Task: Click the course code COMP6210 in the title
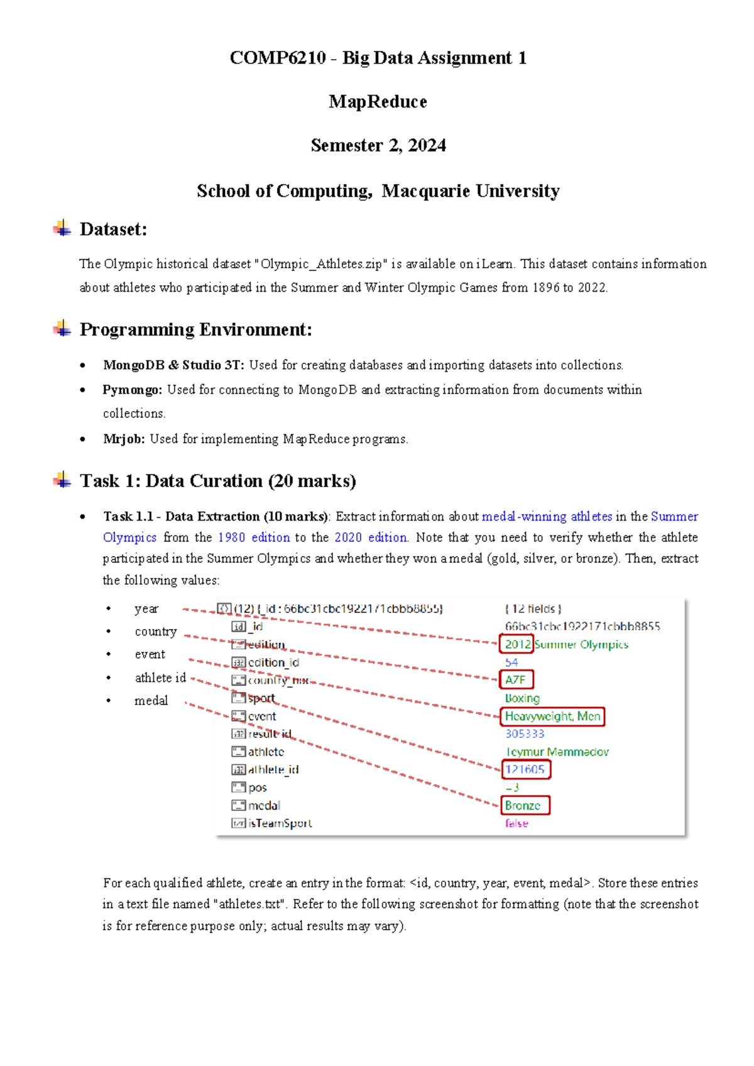click(x=277, y=58)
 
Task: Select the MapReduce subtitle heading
click(x=378, y=102)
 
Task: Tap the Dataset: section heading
click(x=113, y=229)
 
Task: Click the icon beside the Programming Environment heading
click(x=62, y=328)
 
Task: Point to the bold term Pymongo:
click(x=133, y=390)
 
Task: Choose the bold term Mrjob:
click(x=124, y=439)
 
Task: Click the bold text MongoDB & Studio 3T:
click(x=173, y=365)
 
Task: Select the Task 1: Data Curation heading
click(x=217, y=481)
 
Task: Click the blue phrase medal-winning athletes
click(x=547, y=517)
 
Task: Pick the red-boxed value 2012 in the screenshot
click(x=517, y=644)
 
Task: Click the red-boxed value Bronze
click(x=523, y=805)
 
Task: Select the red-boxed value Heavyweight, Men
click(x=552, y=716)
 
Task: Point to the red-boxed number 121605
click(x=525, y=769)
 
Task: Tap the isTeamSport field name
click(x=280, y=823)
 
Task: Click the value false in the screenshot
click(x=516, y=823)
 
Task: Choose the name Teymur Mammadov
click(x=557, y=752)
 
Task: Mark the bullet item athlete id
click(x=160, y=678)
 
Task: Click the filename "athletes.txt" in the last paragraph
click(x=251, y=904)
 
